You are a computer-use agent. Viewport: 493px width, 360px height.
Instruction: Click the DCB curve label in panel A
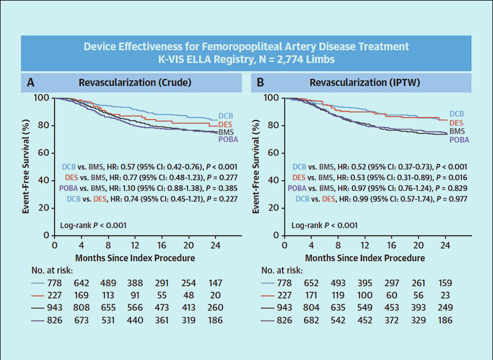226,116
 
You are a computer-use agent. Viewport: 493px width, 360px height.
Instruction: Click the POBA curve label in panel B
459,139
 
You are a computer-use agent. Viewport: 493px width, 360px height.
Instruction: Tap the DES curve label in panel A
226,124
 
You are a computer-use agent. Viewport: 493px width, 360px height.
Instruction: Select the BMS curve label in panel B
458,131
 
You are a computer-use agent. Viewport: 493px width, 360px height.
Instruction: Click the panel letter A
31,83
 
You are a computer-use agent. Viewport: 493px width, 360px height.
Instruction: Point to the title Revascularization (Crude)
135,83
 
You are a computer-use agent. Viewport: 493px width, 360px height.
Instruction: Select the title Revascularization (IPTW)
365,83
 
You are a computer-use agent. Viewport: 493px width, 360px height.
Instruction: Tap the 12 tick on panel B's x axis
365,245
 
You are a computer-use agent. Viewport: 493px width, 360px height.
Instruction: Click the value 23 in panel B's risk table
445,294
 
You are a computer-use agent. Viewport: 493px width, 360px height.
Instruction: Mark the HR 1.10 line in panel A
149,188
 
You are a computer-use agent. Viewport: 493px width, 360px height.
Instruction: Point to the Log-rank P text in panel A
93,225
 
